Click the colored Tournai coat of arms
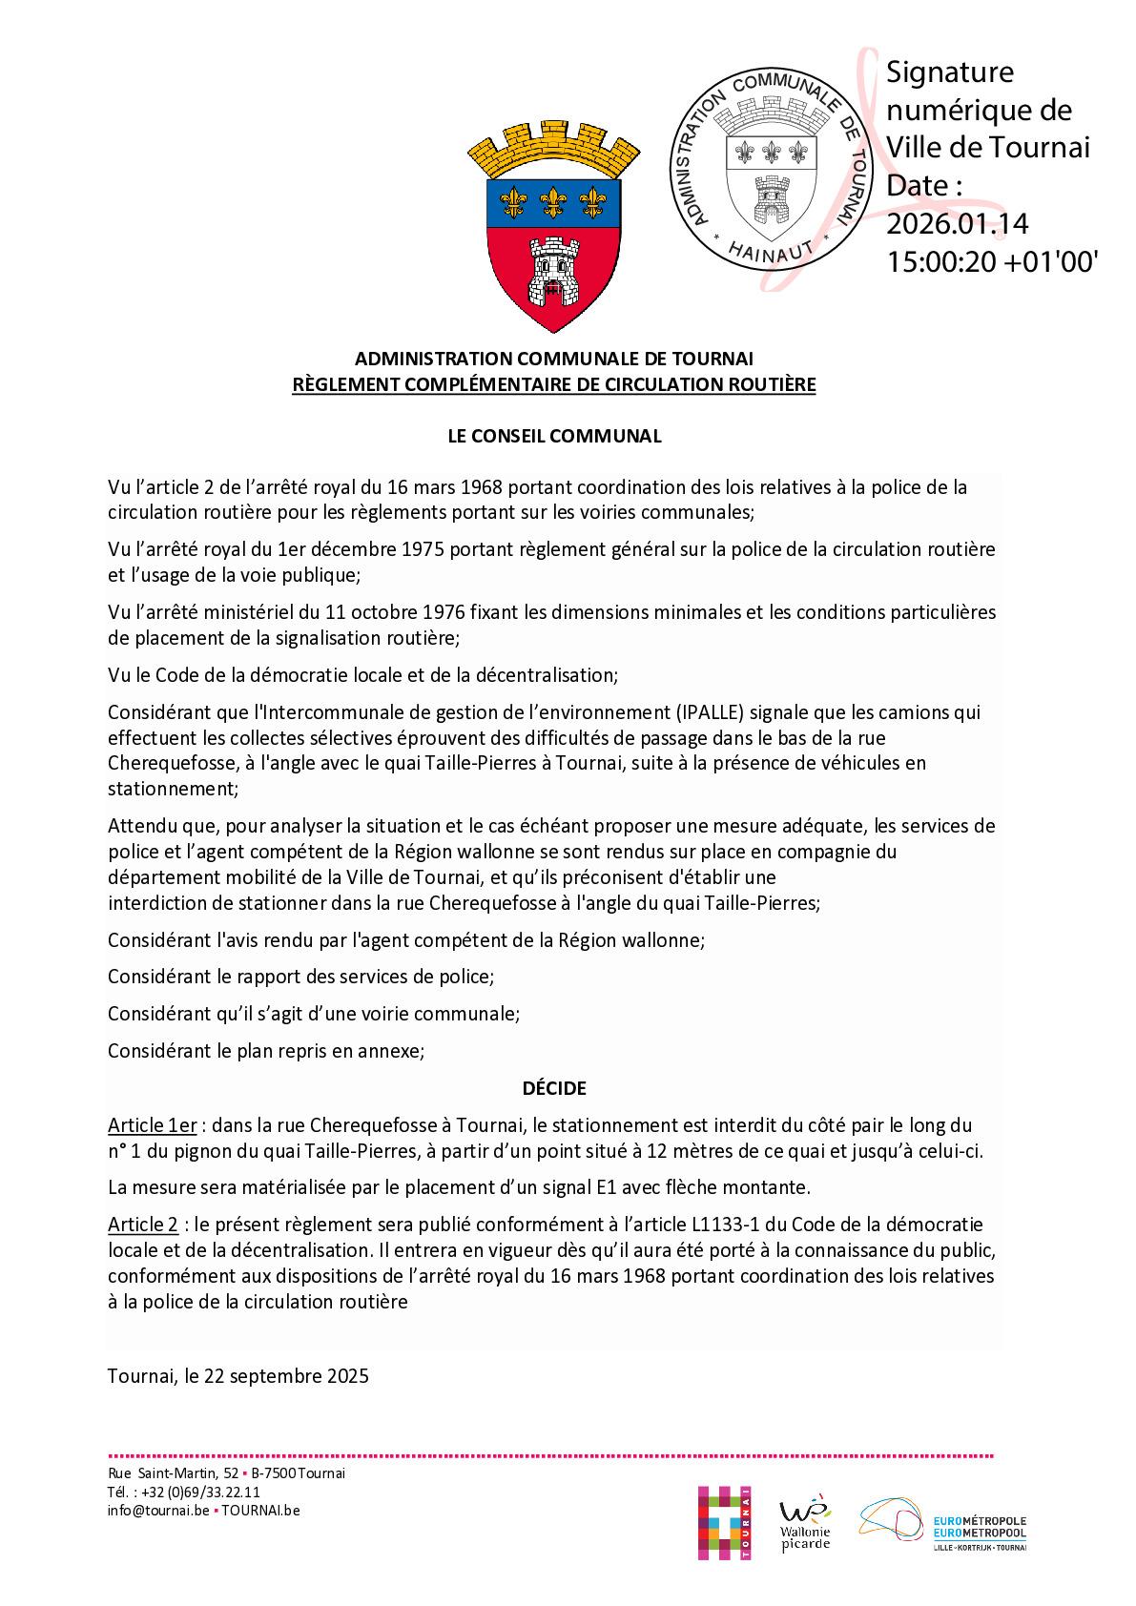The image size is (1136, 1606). click(x=553, y=228)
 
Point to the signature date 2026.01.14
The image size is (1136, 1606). click(x=957, y=222)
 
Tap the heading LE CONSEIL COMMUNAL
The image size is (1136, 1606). click(x=554, y=436)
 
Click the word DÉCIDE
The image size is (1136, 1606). click(x=554, y=1087)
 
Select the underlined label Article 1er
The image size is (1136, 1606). click(x=152, y=1125)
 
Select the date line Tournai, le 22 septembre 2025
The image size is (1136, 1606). click(x=238, y=1376)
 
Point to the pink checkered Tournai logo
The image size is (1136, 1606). click(x=722, y=1522)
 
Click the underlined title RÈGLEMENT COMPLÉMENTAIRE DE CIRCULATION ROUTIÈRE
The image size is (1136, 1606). click(x=554, y=384)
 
